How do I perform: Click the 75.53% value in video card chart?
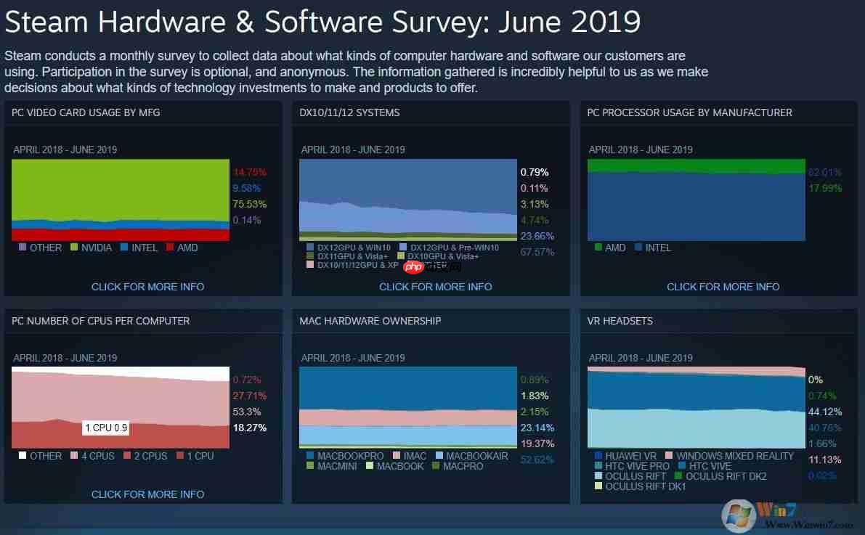[x=249, y=204]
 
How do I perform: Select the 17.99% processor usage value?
[x=824, y=188]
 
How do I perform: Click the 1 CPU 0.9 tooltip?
[x=106, y=428]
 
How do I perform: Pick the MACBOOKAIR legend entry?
[x=472, y=456]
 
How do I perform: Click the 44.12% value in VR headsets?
[x=824, y=412]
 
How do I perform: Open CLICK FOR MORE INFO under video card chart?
[x=147, y=287]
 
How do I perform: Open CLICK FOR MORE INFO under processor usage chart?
[x=723, y=287]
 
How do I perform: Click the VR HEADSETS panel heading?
[x=620, y=321]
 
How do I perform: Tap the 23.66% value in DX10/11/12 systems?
[x=537, y=236]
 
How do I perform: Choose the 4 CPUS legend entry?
[x=92, y=456]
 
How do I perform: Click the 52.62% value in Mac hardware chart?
[x=537, y=460]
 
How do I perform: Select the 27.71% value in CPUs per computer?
[x=249, y=396]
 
